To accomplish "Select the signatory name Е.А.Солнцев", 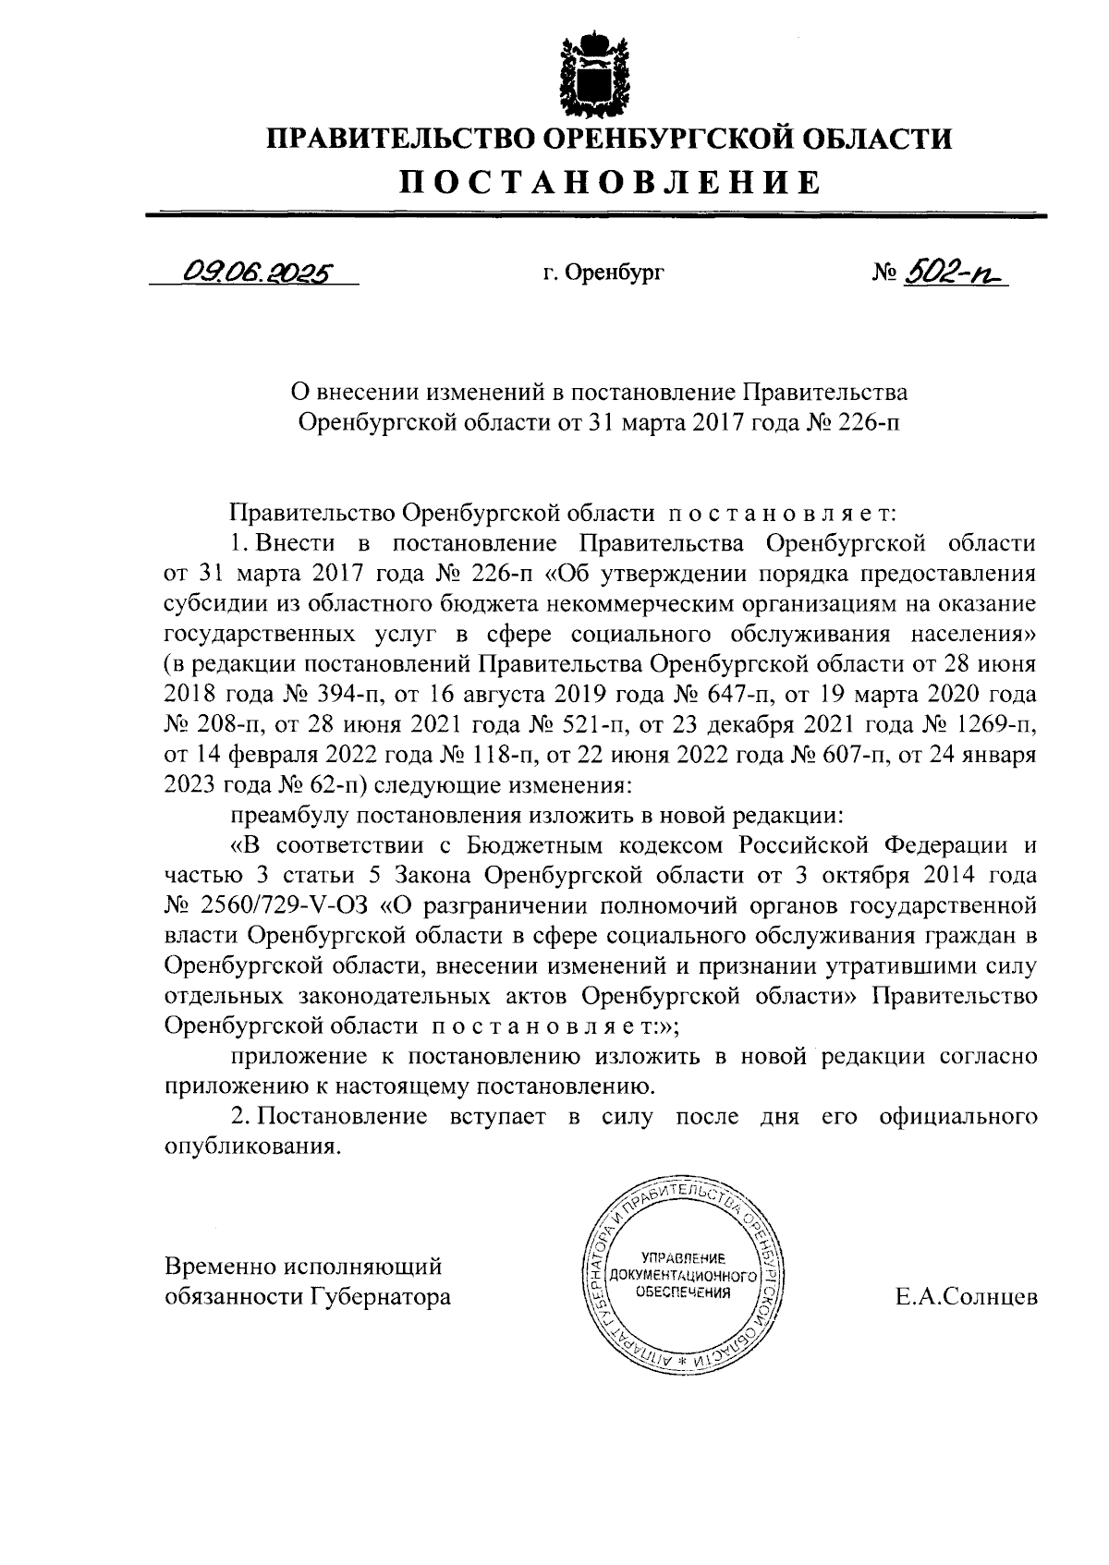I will pos(967,1297).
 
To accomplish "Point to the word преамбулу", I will pos(283,816).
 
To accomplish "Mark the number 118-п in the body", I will pos(501,756).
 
